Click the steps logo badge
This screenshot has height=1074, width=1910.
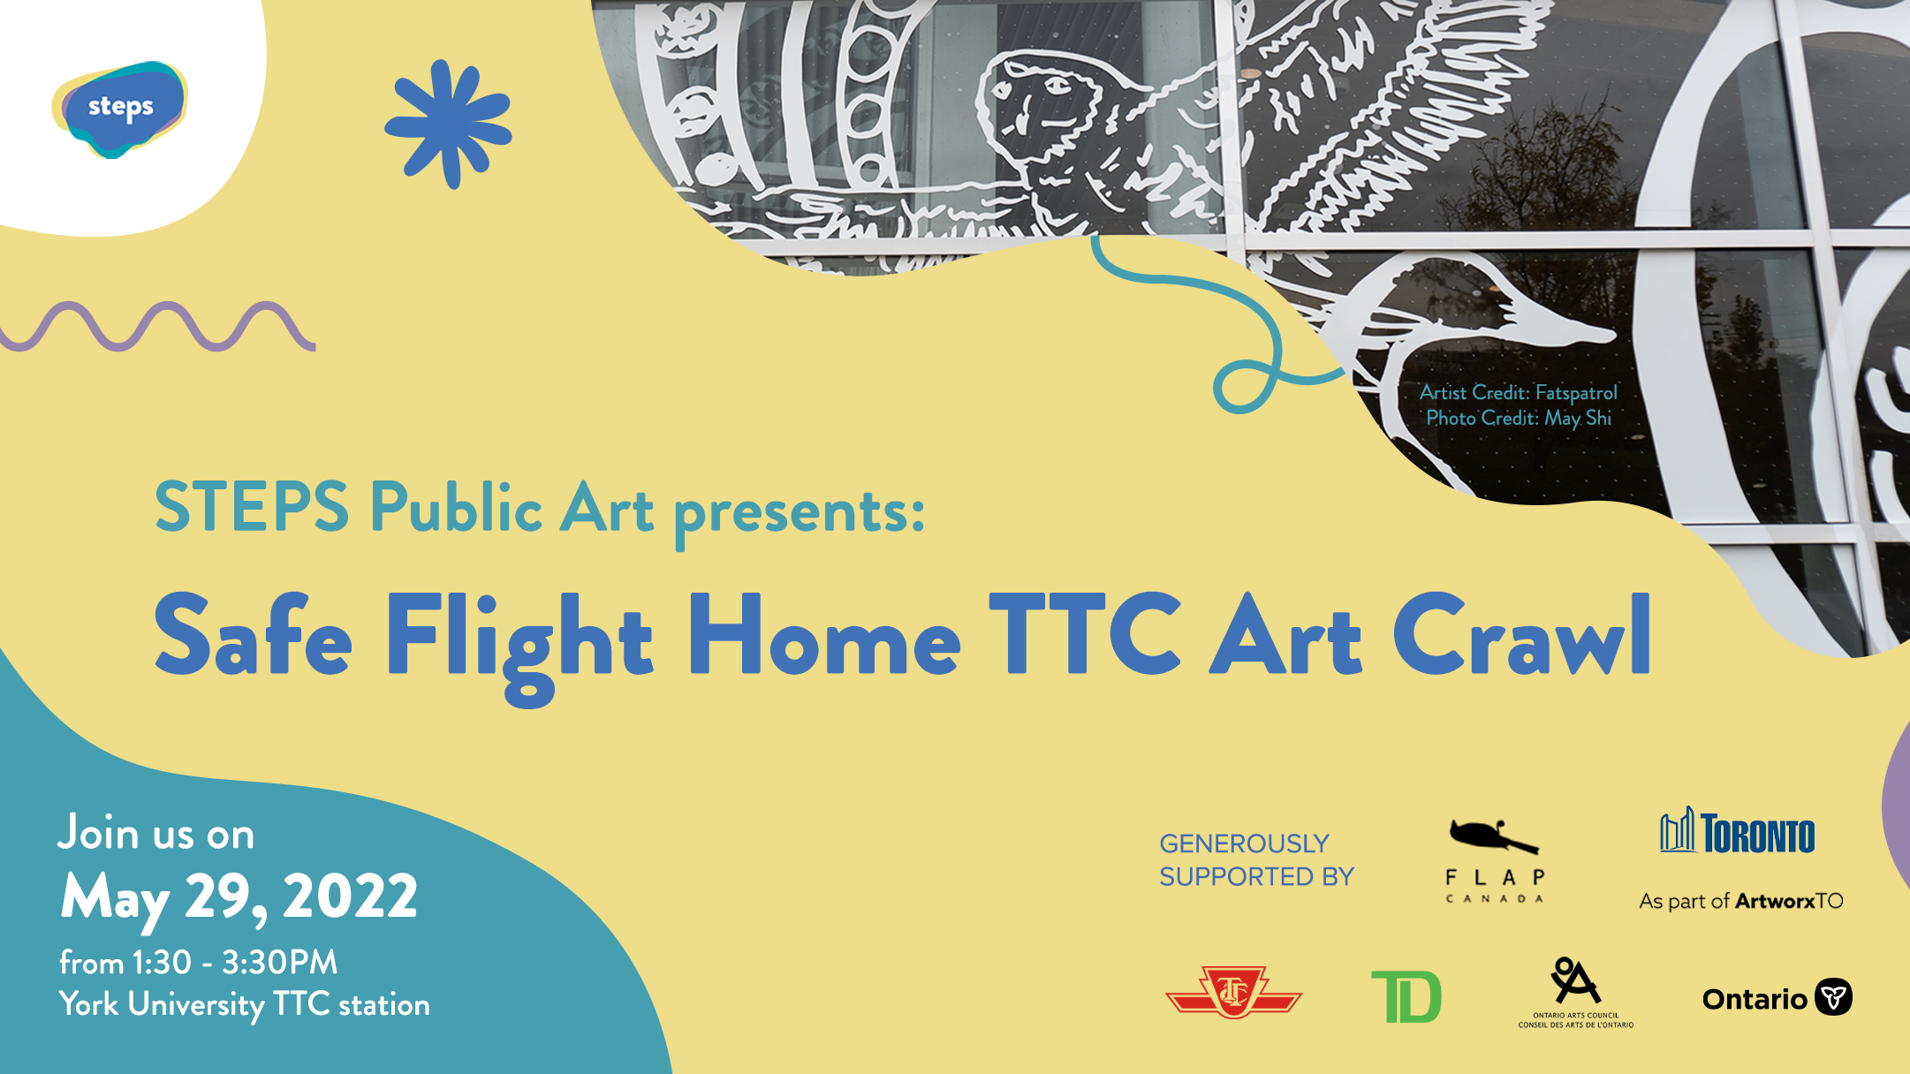point(119,110)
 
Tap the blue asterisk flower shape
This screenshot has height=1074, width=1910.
point(448,124)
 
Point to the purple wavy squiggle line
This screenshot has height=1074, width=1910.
point(157,327)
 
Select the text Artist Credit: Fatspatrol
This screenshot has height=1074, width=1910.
point(1519,392)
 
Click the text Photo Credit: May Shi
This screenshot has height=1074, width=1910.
point(1519,418)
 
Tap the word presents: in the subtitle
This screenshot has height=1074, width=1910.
point(800,513)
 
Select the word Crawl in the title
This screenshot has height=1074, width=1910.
point(1522,634)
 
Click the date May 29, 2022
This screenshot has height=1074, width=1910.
point(239,898)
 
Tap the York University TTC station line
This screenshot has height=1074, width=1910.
point(245,1005)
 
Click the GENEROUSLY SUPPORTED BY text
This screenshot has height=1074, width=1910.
point(1256,860)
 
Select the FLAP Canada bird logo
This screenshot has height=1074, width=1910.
point(1495,860)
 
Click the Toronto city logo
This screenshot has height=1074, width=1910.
point(1738,831)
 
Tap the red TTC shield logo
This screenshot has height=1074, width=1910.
point(1233,992)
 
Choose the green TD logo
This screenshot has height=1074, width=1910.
point(1406,996)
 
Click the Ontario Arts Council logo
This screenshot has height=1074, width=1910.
point(1575,993)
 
